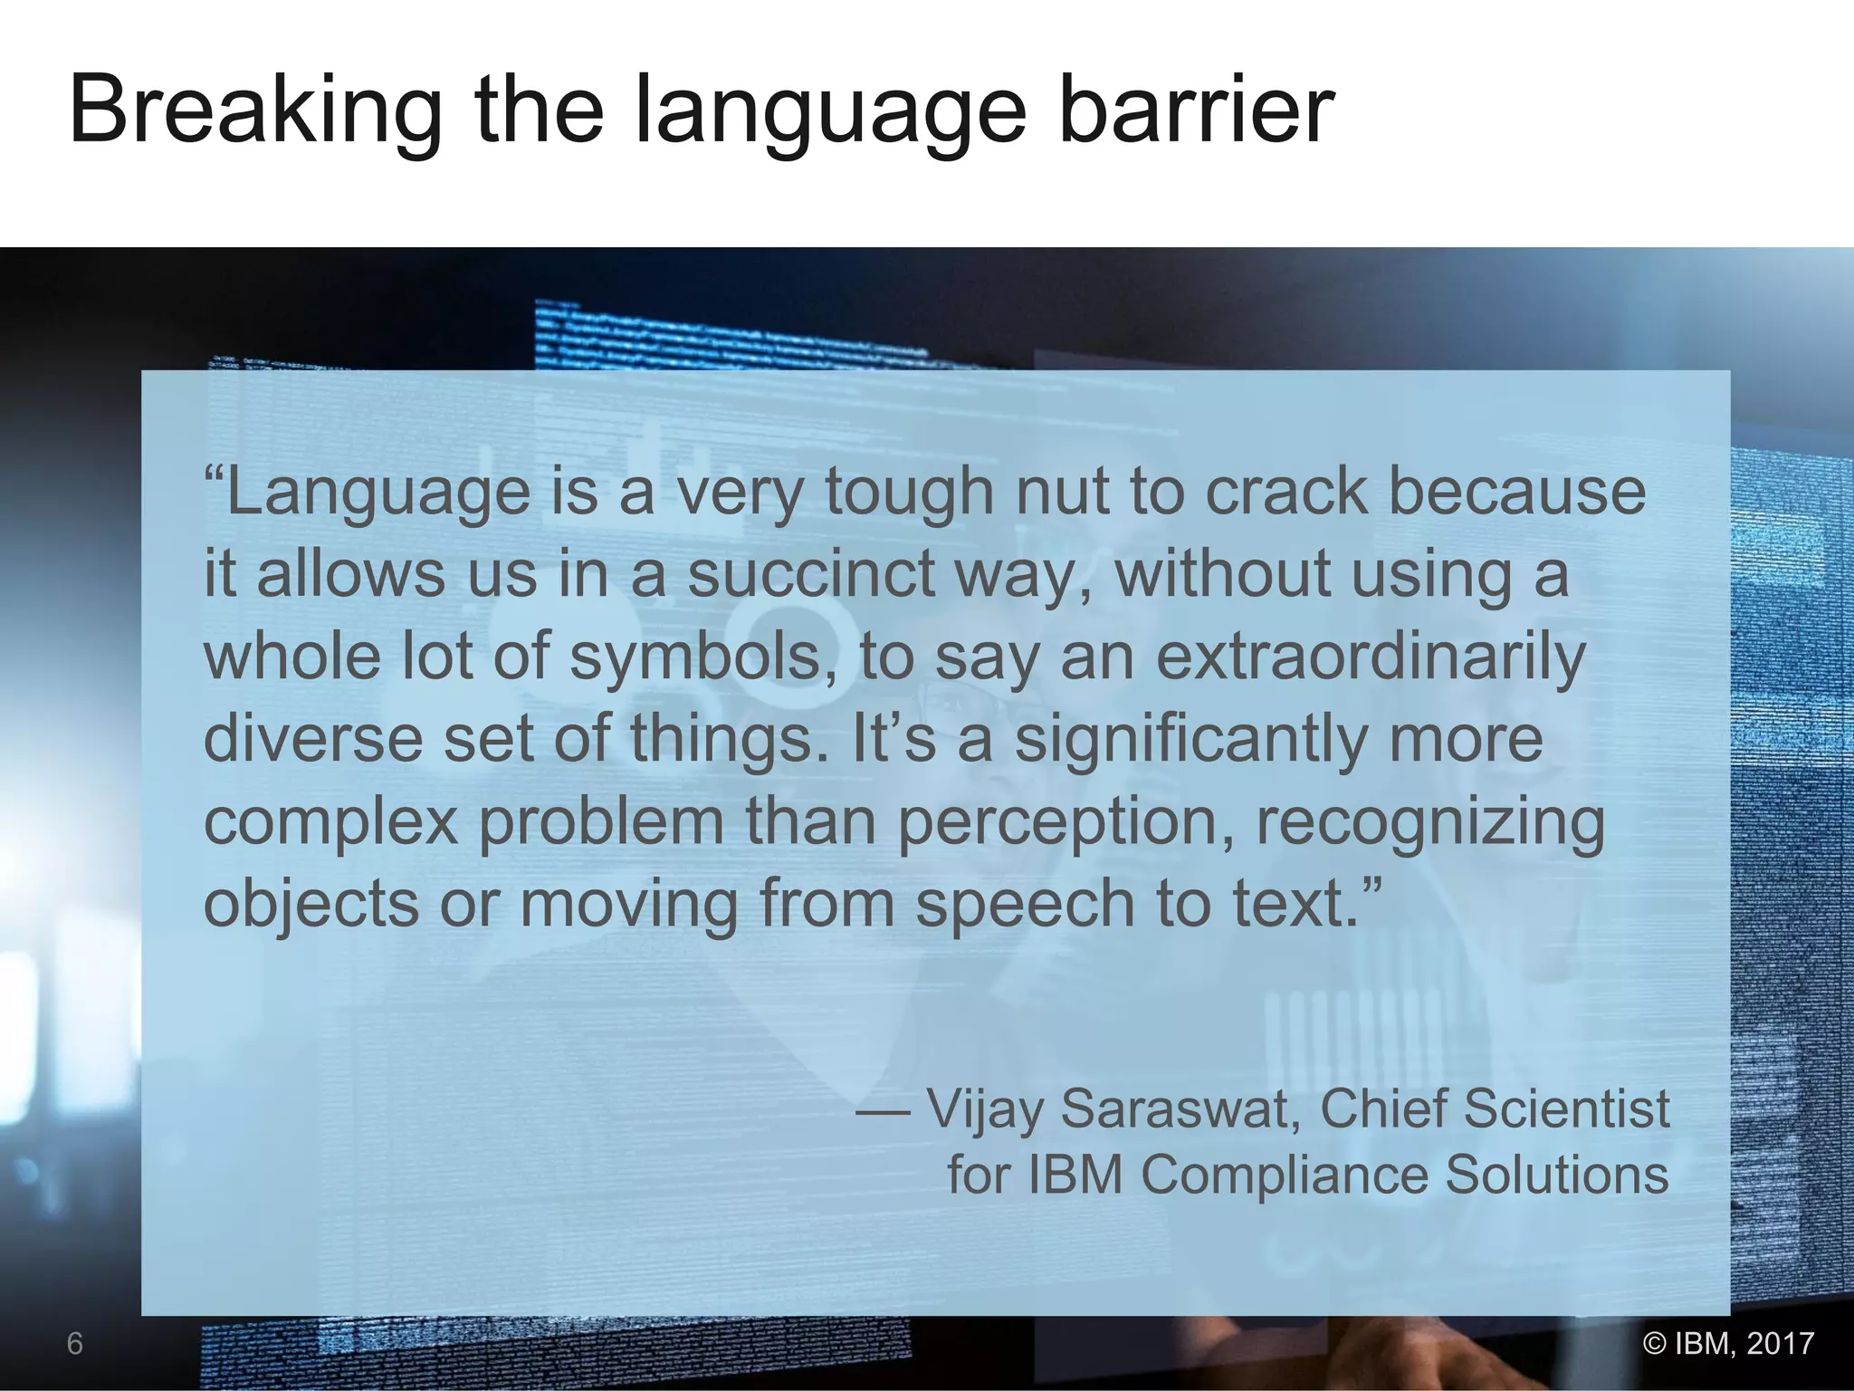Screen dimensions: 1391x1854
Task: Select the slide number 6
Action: coord(75,1344)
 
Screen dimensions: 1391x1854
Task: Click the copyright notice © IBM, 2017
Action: coord(1728,1343)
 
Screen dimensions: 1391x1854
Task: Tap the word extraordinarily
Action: coord(1370,657)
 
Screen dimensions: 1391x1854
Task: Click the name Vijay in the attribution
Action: coord(985,1109)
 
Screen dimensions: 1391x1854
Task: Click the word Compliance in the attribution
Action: coord(1284,1175)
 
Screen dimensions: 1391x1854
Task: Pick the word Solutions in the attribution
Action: coord(1556,1175)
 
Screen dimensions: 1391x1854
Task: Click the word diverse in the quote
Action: coord(313,740)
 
